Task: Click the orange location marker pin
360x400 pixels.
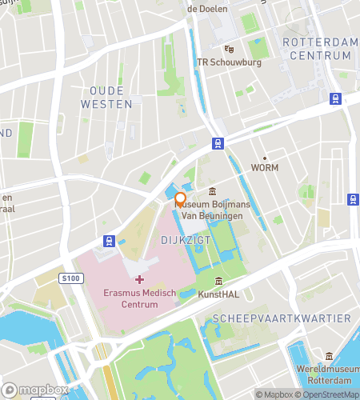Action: pyautogui.click(x=181, y=200)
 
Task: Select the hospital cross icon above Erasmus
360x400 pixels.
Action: pyautogui.click(x=140, y=279)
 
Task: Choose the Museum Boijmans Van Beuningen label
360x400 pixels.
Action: pyautogui.click(x=213, y=210)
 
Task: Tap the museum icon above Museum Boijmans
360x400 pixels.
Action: pyautogui.click(x=212, y=190)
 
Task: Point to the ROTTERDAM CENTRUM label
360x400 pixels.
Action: pyautogui.click(x=317, y=48)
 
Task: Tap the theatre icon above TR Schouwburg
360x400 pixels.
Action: pyautogui.click(x=229, y=49)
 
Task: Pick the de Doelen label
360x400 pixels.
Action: pyautogui.click(x=206, y=9)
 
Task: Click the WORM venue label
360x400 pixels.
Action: pyautogui.click(x=265, y=169)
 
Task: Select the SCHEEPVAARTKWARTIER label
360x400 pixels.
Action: pyautogui.click(x=282, y=318)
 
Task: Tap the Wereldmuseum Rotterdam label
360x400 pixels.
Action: pyautogui.click(x=329, y=376)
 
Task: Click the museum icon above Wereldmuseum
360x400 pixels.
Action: pyautogui.click(x=329, y=357)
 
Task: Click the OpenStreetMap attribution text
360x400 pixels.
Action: pyautogui.click(x=328, y=394)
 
